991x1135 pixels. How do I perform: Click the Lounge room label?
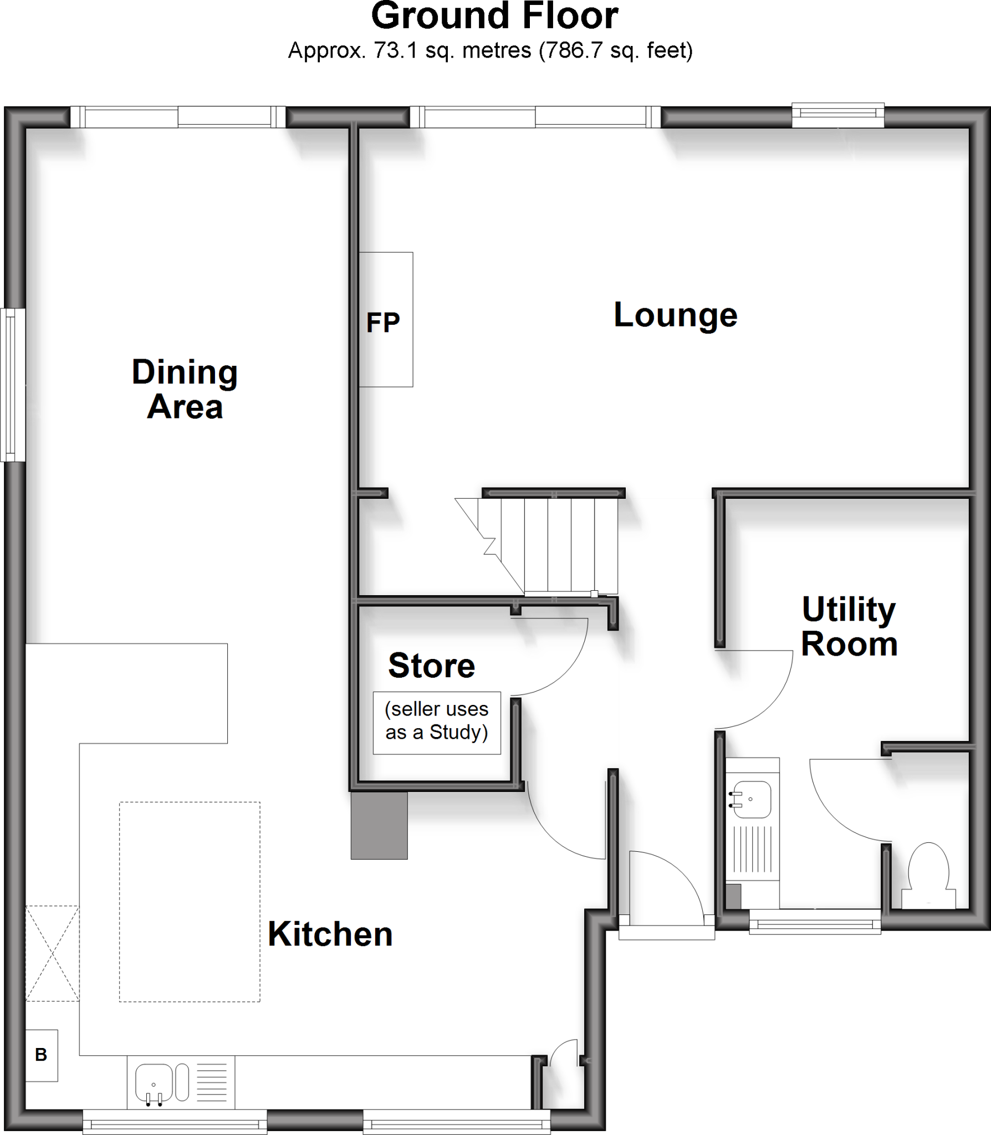coord(675,315)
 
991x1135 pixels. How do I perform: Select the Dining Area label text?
coord(185,389)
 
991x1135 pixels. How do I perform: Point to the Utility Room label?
coord(849,626)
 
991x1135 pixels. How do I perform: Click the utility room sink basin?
coord(752,799)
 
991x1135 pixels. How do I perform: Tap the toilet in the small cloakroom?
coord(929,876)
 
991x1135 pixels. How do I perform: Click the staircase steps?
coord(560,546)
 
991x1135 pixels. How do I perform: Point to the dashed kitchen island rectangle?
coord(190,901)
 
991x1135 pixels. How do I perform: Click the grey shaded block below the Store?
coord(379,825)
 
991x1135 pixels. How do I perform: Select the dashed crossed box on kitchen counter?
coord(52,953)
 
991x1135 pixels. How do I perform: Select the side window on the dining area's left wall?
coord(12,385)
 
